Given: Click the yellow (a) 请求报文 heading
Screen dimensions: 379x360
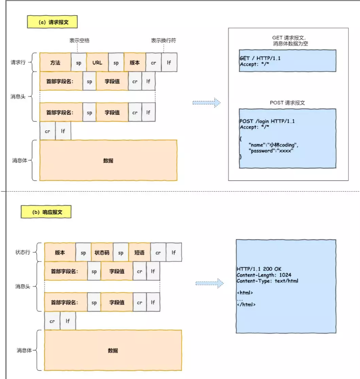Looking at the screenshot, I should coord(52,22).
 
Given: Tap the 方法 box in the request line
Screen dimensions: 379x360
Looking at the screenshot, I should coord(55,63).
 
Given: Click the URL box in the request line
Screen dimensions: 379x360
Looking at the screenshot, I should coord(97,63).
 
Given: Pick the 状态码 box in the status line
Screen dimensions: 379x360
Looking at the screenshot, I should coord(102,253).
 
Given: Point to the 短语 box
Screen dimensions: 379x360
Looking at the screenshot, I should coord(139,253).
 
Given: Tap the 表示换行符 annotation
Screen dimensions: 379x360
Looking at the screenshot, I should coord(163,40).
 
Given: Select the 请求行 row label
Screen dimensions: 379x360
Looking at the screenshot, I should coord(20,63).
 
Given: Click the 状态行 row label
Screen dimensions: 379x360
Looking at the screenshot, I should coord(24,253).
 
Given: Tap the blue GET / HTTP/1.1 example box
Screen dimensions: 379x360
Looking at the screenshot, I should coord(287,60).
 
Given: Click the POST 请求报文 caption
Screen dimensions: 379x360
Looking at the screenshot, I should coord(287,103).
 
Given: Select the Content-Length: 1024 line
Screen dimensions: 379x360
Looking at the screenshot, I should coord(264,276).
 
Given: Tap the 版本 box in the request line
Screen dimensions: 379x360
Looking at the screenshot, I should coord(134,63).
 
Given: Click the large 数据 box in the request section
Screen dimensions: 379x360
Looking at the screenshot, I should coord(108,160).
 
